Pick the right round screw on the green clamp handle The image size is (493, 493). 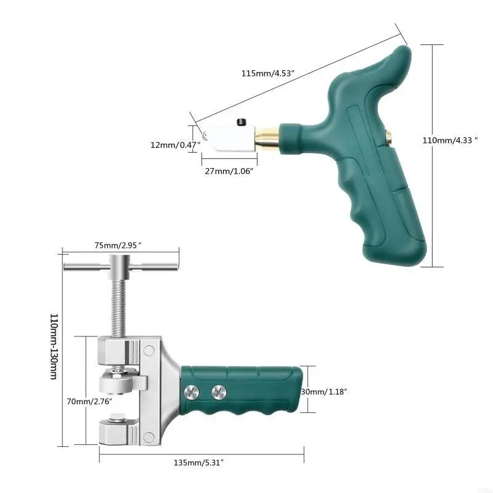click(x=218, y=392)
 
